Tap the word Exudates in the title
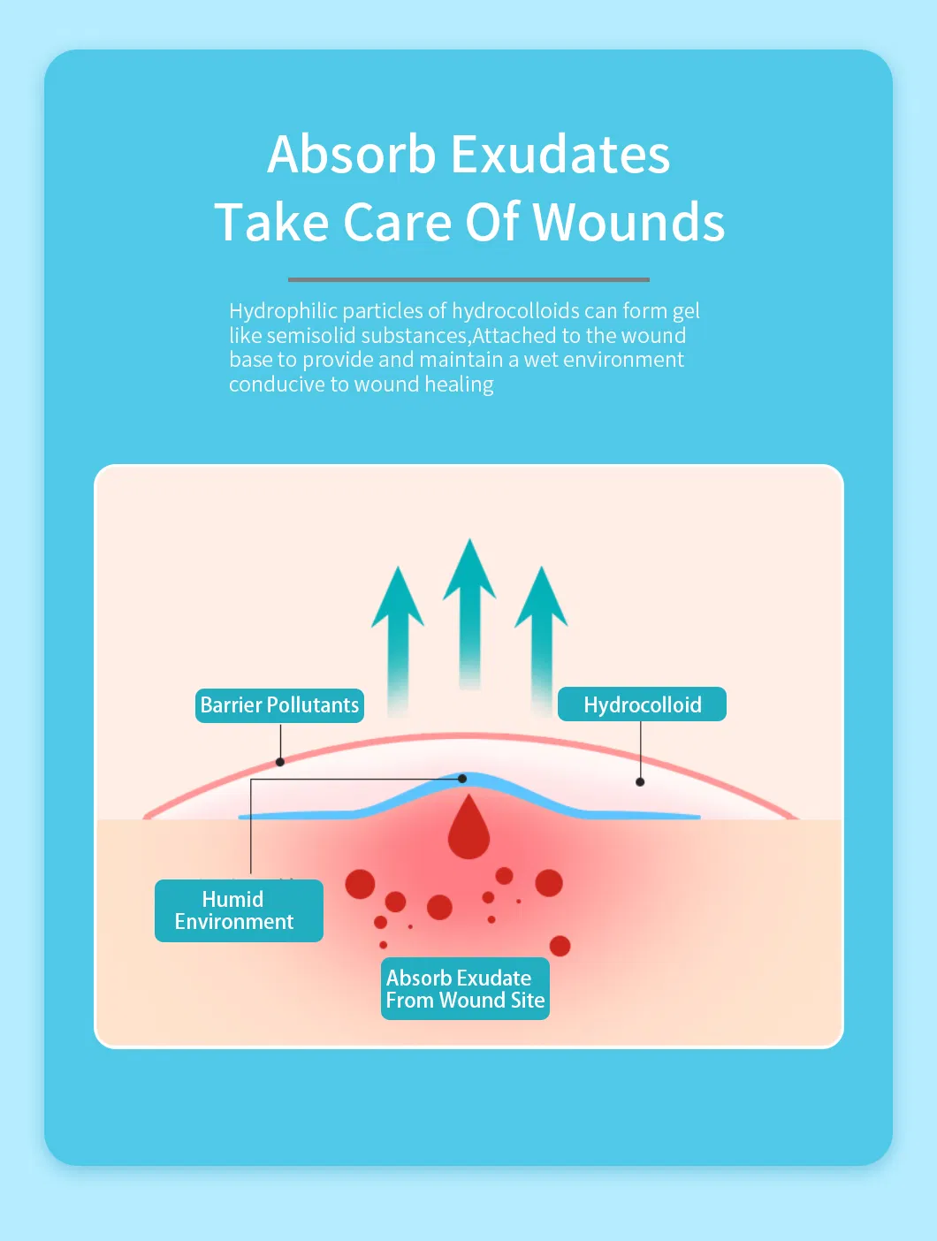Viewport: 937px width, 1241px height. click(560, 155)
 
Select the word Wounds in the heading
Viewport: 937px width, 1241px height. click(629, 222)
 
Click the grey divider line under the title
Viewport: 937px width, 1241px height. click(468, 279)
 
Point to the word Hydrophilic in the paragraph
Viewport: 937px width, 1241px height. click(283, 311)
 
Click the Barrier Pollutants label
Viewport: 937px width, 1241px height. click(279, 705)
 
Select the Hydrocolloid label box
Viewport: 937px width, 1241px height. click(642, 704)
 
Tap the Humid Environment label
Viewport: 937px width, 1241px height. click(239, 910)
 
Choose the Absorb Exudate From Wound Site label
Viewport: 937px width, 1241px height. click(465, 989)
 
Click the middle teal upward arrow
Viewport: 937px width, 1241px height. click(469, 610)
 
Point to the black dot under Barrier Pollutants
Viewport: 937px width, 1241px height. click(280, 762)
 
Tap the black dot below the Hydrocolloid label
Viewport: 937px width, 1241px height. click(640, 781)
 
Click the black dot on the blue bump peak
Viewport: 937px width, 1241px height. click(462, 779)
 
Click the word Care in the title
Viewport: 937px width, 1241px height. click(399, 222)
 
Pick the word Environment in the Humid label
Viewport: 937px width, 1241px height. click(234, 922)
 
